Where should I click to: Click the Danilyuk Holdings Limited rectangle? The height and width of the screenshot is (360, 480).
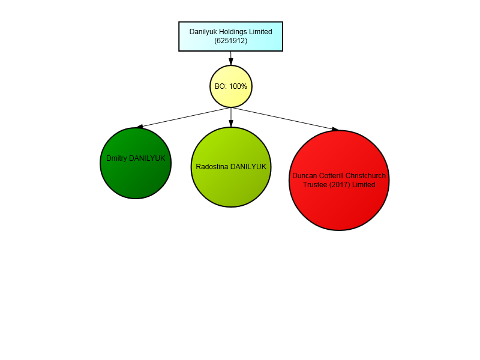point(231,37)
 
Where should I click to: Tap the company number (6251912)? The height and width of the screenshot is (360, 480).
point(231,41)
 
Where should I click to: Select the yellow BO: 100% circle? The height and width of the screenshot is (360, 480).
point(231,86)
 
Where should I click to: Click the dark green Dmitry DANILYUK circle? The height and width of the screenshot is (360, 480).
point(136,163)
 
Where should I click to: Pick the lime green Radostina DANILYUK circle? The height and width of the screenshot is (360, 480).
point(231,167)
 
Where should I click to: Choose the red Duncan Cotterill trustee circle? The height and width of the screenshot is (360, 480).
point(339,181)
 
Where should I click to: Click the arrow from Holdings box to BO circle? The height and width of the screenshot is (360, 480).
point(231,58)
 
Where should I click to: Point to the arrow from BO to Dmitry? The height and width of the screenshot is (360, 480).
point(183,118)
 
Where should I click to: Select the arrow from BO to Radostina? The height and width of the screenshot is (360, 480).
point(231,117)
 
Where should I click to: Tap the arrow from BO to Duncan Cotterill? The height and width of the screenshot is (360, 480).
point(285,119)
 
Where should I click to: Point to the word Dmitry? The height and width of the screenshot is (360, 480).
point(116,158)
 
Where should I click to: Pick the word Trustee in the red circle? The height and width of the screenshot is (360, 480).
point(316,185)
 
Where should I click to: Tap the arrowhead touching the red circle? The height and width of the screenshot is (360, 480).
point(335,130)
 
